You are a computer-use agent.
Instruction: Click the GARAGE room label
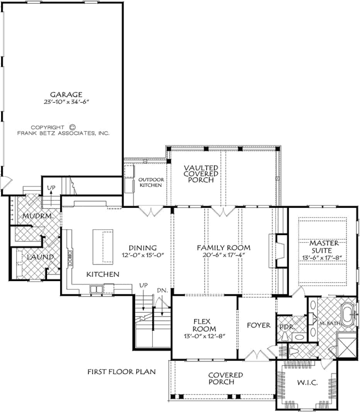(x=63, y=94)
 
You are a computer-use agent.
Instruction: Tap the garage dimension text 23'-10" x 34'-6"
(x=63, y=102)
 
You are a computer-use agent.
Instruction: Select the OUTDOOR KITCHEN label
(x=150, y=182)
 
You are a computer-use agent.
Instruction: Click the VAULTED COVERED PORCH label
(x=201, y=174)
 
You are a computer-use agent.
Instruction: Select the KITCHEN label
(x=102, y=273)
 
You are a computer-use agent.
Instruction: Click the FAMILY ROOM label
(x=224, y=248)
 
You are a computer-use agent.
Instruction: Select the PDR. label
(x=285, y=326)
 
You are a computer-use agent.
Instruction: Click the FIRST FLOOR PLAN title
(x=121, y=371)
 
